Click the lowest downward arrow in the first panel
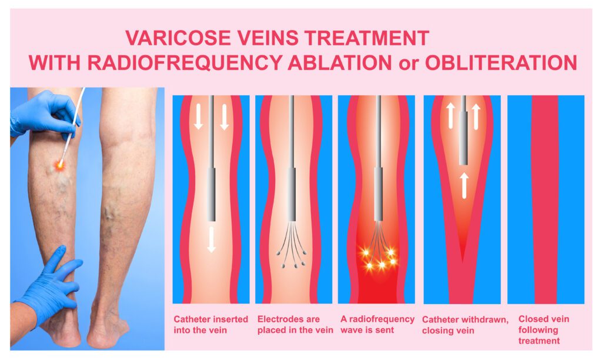(x=211, y=239)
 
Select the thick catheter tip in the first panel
(x=212, y=194)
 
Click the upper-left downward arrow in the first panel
(x=199, y=115)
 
